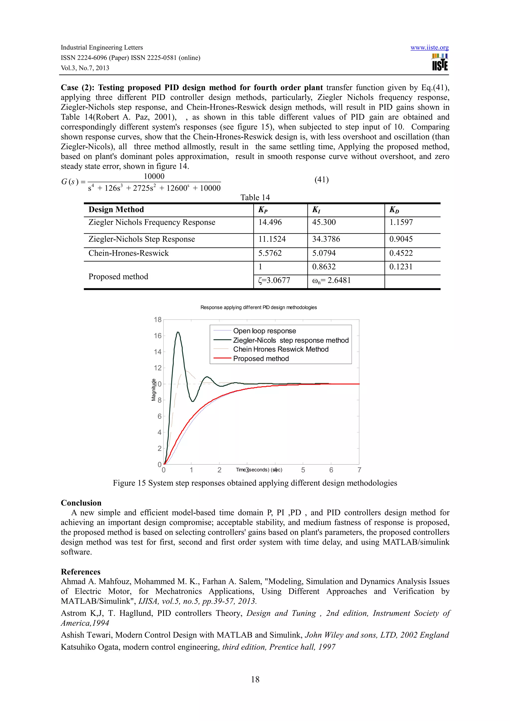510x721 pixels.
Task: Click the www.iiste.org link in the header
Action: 429,48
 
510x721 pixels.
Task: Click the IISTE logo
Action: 440,62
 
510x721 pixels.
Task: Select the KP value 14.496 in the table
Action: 270,222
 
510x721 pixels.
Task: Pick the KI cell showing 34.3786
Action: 326,239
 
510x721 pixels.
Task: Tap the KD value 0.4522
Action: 401,253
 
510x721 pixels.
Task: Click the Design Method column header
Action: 116,209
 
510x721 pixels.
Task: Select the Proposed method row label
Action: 118,276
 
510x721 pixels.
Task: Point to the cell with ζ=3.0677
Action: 274,280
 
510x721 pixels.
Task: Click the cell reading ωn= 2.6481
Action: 331,280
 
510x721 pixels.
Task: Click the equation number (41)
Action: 321,180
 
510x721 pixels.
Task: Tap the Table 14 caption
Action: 255,197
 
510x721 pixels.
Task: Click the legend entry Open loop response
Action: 264,331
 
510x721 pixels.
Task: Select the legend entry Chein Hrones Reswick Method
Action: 281,349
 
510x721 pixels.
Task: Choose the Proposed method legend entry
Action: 261,359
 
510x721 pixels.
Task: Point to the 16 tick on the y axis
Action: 157,336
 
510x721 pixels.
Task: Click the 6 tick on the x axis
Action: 331,470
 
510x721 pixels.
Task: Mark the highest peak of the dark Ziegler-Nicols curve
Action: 178,332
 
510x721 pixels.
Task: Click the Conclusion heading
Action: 81,503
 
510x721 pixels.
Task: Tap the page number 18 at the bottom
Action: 255,679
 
